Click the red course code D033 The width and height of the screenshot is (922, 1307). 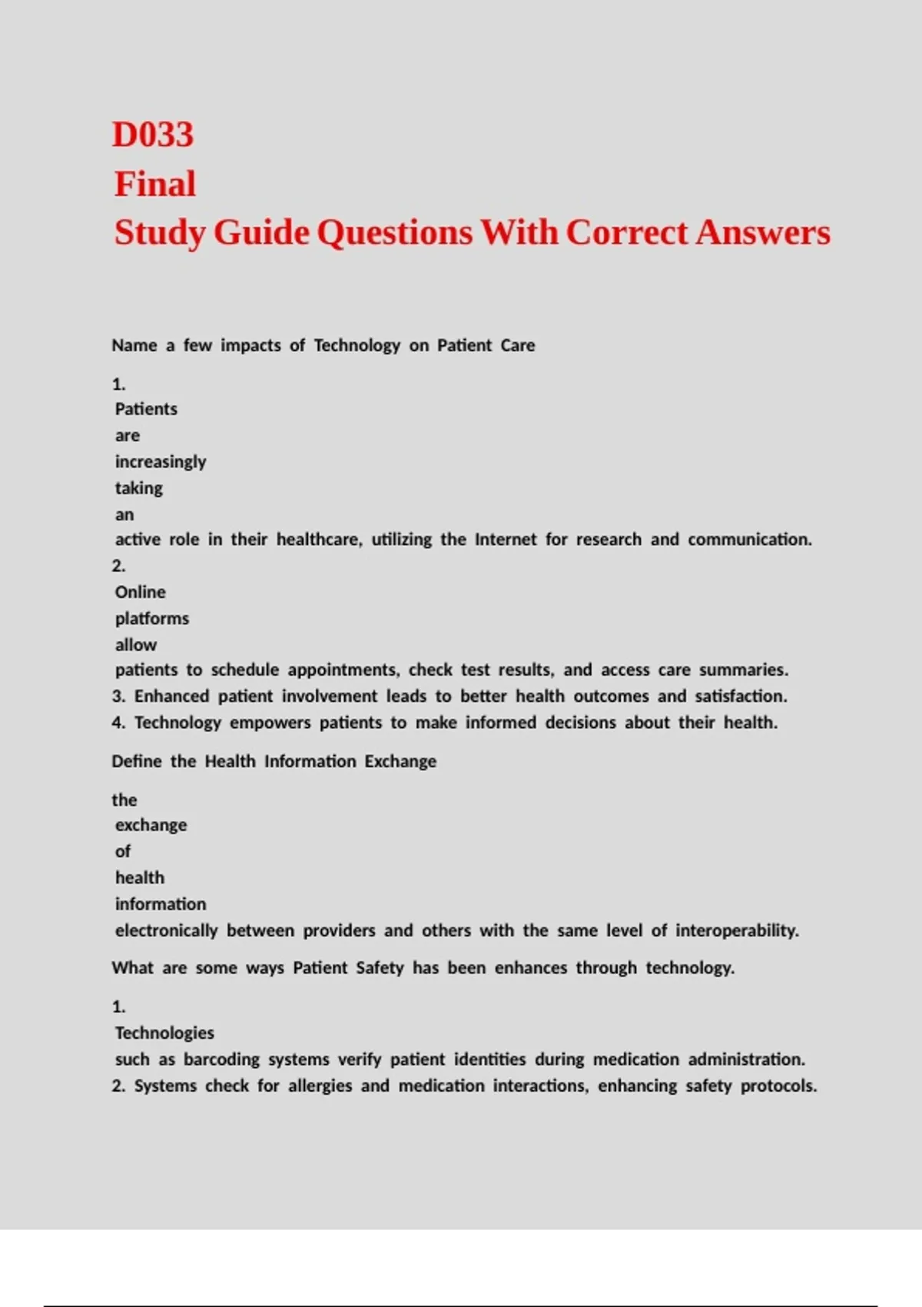tap(153, 135)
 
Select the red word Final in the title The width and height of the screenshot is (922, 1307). tap(155, 185)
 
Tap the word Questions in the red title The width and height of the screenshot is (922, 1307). tap(394, 233)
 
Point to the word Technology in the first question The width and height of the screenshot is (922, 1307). tap(357, 346)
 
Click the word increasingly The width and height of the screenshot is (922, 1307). tap(161, 462)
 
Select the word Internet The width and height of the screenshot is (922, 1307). tap(506, 540)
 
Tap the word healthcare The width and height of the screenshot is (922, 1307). tap(319, 540)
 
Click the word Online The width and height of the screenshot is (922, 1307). tap(141, 592)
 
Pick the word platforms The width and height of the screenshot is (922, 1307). tap(152, 619)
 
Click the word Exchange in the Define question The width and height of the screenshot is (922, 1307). tap(400, 762)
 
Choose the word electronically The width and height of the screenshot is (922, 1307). tap(167, 931)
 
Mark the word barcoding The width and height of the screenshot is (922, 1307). tap(221, 1059)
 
